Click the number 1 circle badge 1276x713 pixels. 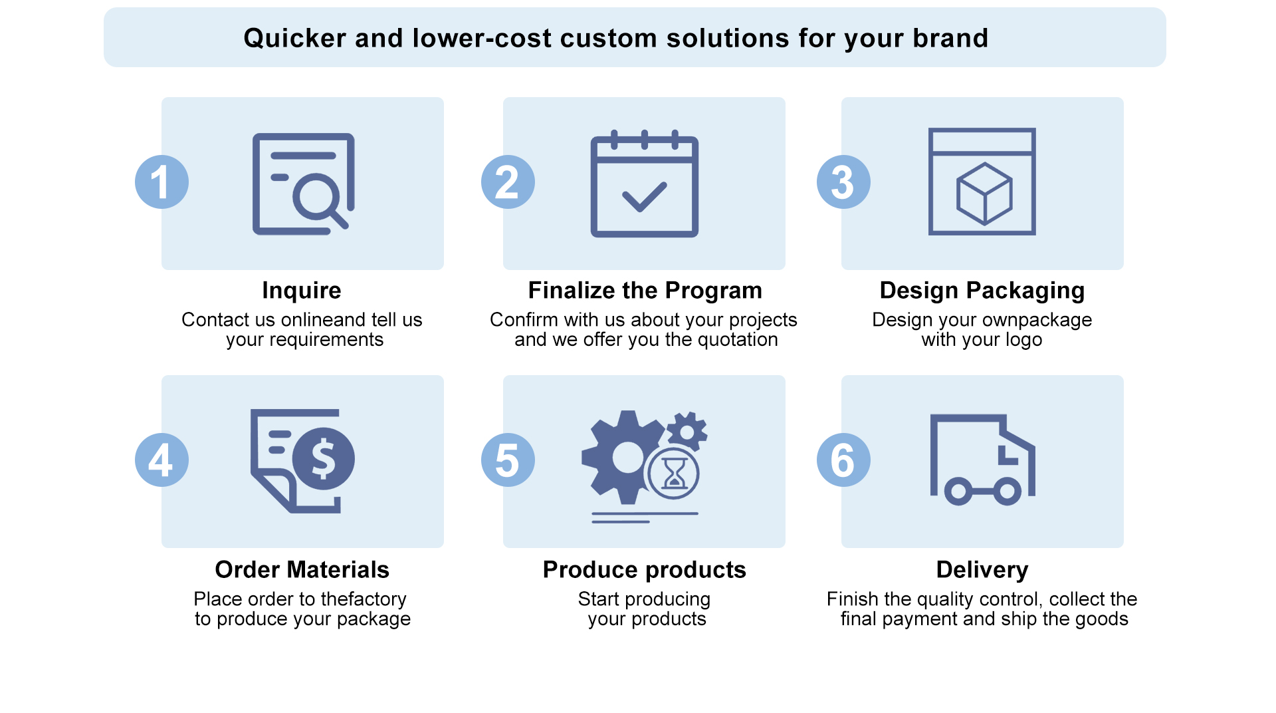[x=161, y=182]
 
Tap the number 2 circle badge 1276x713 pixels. [x=508, y=182]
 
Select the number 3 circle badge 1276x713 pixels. [x=843, y=182]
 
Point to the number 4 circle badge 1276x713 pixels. [x=161, y=460]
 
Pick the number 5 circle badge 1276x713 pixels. [x=508, y=460]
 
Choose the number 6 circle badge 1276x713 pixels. [x=843, y=460]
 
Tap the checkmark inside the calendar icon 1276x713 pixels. [x=644, y=197]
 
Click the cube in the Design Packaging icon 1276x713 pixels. [x=984, y=194]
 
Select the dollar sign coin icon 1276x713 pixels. [x=324, y=459]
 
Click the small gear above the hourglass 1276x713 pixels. [x=687, y=432]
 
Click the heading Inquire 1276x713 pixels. [x=302, y=291]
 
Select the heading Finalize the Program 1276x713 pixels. [x=645, y=291]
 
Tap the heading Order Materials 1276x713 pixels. [x=302, y=570]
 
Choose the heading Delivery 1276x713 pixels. [x=982, y=571]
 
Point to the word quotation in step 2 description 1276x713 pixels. [x=737, y=340]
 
